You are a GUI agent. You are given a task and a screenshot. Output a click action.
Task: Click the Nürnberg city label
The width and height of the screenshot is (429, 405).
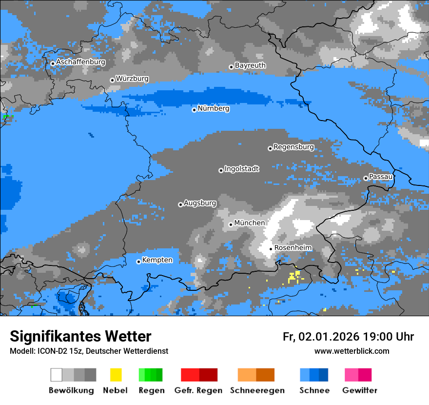coord(214,108)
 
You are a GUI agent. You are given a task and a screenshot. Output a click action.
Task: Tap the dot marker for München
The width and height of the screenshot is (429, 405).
coord(231,224)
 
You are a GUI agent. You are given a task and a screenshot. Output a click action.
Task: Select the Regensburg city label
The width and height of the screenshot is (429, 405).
coord(293,147)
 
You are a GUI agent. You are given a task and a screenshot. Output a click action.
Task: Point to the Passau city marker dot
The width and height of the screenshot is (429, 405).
coord(366,178)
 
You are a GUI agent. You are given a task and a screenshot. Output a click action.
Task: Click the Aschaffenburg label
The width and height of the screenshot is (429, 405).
coord(80,62)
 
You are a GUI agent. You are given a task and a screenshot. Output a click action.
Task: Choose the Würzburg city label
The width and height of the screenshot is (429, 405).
coord(132,79)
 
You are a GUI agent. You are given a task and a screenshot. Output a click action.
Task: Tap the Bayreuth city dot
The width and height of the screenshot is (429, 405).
coord(231,67)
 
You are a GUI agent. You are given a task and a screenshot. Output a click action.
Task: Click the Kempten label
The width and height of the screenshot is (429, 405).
coord(157,260)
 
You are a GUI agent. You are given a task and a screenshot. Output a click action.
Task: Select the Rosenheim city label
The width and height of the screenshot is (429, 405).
coord(293,248)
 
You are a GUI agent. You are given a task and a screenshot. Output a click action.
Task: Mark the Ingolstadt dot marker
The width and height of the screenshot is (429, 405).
coord(221,170)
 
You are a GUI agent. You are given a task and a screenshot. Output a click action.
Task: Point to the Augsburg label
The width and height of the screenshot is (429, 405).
coord(200,203)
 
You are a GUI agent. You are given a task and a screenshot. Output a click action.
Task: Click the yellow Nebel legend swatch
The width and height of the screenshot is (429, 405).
coord(116,375)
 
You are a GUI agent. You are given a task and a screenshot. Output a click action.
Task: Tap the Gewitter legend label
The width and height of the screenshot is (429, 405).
coord(360,390)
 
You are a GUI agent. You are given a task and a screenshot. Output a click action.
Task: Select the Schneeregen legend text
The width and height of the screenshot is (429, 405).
coord(257,390)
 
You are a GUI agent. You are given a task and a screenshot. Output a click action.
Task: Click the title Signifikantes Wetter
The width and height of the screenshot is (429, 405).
coord(80,336)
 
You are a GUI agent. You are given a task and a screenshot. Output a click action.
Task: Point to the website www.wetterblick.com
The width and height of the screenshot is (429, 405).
coord(351,351)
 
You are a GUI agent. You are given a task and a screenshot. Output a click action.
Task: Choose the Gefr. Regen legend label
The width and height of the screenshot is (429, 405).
coord(198,390)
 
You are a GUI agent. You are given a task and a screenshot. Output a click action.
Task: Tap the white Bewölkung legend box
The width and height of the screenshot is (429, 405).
coord(57,375)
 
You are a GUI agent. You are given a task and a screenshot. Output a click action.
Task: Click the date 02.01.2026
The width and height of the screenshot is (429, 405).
coord(329,337)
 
